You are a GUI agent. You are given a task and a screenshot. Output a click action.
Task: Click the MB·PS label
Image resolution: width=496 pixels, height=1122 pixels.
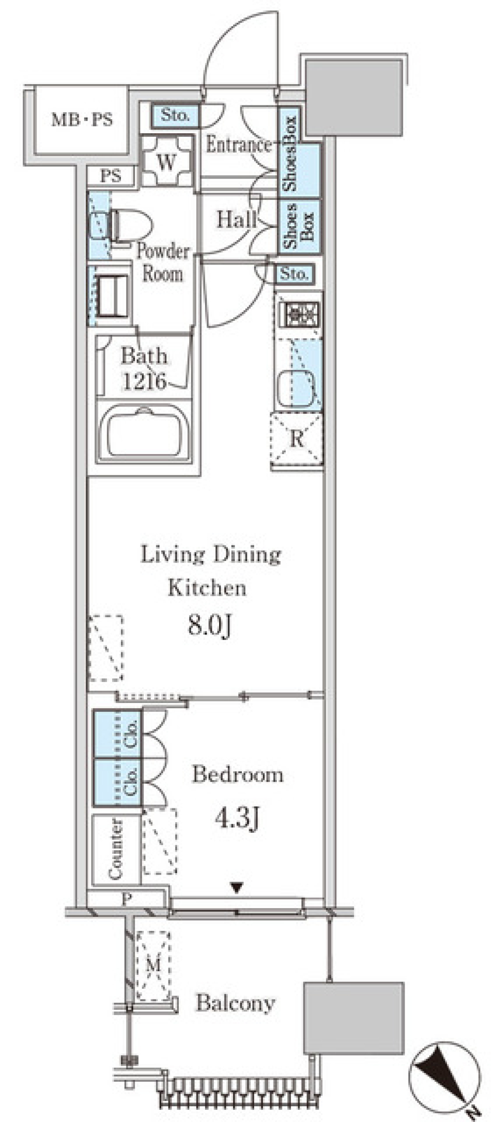[82, 120]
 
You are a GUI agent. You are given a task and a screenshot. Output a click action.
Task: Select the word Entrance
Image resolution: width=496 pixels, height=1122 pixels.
[239, 145]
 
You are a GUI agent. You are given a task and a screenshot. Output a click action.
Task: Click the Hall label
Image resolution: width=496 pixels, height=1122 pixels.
[236, 220]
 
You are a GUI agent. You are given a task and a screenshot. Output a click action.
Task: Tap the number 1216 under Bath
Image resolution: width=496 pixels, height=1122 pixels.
[144, 381]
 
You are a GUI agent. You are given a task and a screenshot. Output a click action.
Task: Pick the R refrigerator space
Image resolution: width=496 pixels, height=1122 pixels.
[297, 439]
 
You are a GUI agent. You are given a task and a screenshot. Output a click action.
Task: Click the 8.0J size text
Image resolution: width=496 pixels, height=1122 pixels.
[208, 627]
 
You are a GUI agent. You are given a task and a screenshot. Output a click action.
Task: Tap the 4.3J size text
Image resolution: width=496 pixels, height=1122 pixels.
[236, 818]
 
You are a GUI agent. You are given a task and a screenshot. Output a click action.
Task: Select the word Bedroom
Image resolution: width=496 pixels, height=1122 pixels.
[238, 774]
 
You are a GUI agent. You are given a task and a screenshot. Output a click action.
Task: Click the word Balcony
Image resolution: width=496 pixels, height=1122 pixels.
[235, 1003]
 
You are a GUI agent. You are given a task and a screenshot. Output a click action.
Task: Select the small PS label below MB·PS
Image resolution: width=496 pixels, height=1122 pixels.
[111, 176]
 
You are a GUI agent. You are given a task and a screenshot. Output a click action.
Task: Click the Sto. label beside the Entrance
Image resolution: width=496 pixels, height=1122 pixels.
[175, 115]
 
